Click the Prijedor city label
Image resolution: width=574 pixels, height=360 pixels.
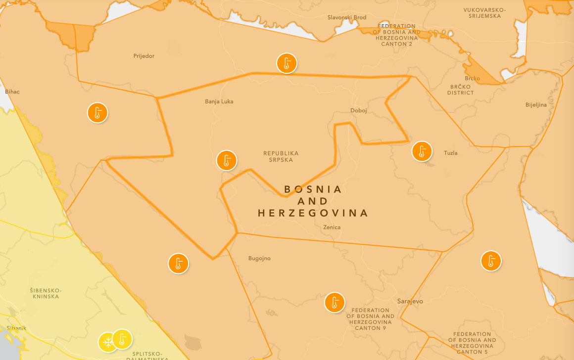pos(144,56)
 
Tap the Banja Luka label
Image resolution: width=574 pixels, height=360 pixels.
pos(219,101)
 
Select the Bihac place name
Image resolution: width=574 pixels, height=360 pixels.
pos(12,91)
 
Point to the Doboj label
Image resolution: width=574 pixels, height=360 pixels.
pos(359,110)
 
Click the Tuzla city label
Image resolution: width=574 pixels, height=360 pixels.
pos(451,153)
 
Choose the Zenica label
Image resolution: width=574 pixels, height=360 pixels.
pos(332,227)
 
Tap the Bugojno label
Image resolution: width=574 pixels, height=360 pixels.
pos(259,258)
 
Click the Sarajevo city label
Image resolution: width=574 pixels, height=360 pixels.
pos(410,301)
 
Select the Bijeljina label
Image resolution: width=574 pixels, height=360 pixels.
pos(536,105)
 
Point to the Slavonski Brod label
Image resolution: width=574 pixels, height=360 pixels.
pos(347,17)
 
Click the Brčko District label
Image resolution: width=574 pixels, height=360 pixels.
pos(461,90)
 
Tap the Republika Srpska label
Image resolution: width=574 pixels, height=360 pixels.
pos(281,156)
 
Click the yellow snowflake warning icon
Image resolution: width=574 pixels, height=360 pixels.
pos(107,342)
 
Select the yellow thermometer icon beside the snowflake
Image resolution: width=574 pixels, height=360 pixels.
pos(122,339)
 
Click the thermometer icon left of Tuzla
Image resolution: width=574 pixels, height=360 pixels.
pos(422,151)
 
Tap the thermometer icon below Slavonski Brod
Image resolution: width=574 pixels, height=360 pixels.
pos(287,63)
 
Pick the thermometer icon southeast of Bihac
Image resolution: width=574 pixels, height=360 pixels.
pos(98,113)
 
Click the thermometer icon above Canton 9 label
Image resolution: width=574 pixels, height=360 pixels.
pos(335,302)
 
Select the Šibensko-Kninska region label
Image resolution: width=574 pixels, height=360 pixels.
pos(45,293)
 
